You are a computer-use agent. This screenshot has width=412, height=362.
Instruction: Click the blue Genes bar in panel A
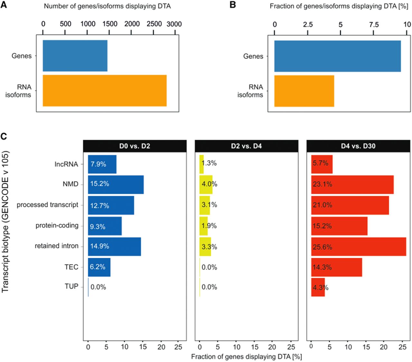75,56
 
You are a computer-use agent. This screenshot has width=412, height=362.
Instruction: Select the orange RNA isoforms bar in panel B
304,91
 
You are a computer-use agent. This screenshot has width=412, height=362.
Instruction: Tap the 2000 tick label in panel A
132,24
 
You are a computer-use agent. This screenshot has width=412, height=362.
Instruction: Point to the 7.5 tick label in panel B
374,24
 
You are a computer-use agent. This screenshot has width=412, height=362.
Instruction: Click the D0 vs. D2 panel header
135,146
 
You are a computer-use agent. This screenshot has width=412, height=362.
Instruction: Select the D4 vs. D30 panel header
358,146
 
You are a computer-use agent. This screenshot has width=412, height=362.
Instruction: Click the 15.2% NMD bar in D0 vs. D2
116,185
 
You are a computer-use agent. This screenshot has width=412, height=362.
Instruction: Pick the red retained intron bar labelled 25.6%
359,246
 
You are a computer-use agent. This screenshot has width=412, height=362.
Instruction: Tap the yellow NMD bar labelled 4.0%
206,185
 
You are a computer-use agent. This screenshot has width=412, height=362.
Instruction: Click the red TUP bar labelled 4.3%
318,287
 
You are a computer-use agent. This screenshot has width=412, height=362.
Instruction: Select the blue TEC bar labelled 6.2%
99,267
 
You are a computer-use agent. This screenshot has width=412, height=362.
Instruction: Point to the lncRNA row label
66,164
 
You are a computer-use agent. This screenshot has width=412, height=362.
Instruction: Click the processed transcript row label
47,205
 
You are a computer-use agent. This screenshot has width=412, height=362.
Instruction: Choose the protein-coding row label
57,226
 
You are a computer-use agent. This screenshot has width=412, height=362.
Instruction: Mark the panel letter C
4,136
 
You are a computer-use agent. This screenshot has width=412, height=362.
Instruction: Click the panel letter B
233,5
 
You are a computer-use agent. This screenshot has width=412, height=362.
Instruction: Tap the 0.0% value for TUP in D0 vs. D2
98,287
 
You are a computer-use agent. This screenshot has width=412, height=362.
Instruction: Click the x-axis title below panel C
247,357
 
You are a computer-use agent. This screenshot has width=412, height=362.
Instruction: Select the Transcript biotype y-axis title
5,222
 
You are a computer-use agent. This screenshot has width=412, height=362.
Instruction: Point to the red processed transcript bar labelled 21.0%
350,205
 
